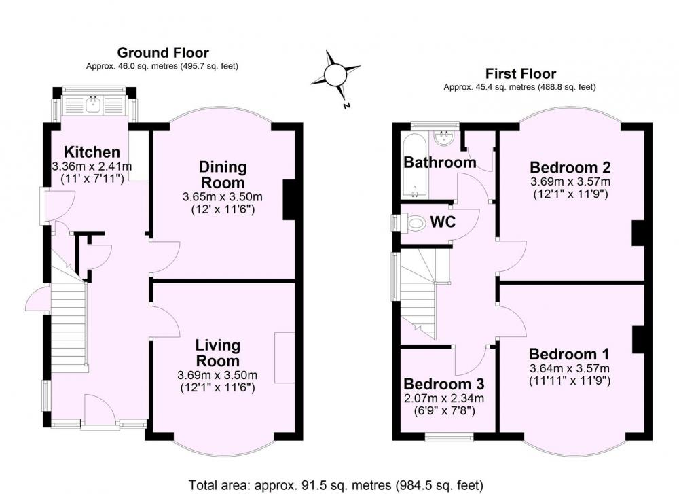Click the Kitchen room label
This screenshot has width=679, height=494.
pos(92,152)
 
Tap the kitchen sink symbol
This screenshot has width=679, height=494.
pos(93,104)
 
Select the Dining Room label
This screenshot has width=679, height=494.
pos(223,174)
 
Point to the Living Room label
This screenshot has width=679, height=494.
pos(217,353)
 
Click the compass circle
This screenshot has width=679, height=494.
pos(335,75)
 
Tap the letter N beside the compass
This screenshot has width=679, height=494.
pos(346,105)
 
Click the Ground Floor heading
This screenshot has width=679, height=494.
pos(163,53)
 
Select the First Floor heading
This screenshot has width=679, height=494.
pos(521,73)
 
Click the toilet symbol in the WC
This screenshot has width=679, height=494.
pos(415,223)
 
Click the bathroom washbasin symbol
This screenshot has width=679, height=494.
pos(443,138)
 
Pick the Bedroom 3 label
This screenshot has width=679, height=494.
pos(444,384)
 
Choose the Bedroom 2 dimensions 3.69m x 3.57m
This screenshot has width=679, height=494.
pos(570,181)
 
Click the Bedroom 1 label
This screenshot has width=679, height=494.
pos(569,354)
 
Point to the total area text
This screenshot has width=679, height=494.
pos(335,484)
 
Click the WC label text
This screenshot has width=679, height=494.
pos(443,222)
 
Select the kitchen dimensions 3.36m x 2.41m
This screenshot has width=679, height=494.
pos(92,166)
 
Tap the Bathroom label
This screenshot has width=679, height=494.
pos(440,162)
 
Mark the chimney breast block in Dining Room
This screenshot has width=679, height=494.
pos(289,200)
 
